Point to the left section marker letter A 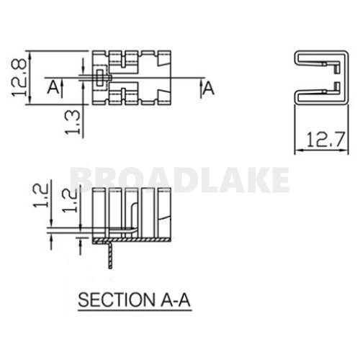pos(52,88)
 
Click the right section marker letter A pos(209,88)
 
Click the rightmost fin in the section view pos(163,209)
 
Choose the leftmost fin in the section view pos(99,209)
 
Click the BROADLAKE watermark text pos(180,179)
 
